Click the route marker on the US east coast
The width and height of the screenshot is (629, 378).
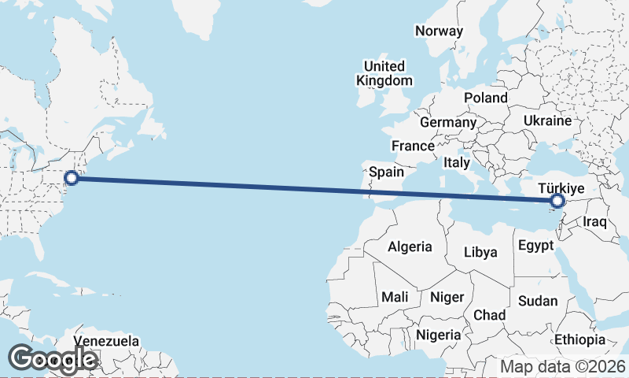click(x=72, y=178)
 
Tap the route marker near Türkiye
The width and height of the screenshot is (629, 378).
click(x=557, y=202)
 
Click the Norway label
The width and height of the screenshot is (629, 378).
click(x=439, y=31)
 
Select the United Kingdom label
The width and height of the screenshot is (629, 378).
click(x=384, y=73)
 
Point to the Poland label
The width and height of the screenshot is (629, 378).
click(x=486, y=98)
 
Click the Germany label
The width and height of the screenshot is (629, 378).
click(x=447, y=123)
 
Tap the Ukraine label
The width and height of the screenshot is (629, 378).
click(x=546, y=121)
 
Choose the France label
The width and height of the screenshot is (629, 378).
click(x=413, y=146)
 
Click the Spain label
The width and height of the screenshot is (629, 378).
click(x=386, y=172)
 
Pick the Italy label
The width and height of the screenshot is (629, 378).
click(x=456, y=162)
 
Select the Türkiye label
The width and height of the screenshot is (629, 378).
click(x=561, y=188)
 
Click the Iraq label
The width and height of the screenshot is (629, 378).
click(x=595, y=221)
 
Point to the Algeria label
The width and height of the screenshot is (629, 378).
click(x=410, y=246)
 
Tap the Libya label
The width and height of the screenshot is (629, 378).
click(x=480, y=253)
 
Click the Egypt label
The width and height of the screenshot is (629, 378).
click(x=536, y=246)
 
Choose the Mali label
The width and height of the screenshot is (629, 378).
click(x=394, y=297)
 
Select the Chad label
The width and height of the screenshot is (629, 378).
click(x=489, y=314)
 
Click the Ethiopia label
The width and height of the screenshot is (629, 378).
click(x=579, y=339)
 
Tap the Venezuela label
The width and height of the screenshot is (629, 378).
click(x=106, y=342)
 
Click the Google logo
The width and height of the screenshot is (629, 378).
click(x=53, y=359)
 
